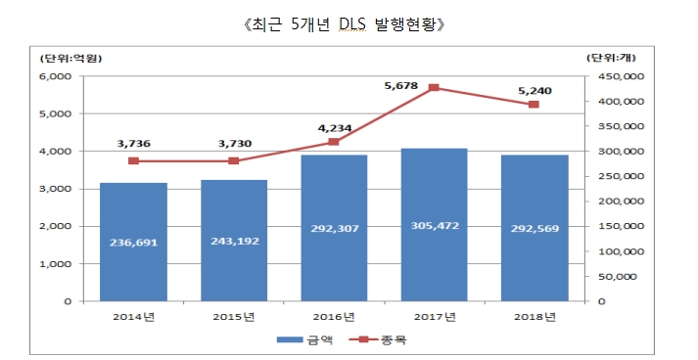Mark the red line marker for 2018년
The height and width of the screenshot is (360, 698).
534,105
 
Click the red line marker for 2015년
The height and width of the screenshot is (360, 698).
234,160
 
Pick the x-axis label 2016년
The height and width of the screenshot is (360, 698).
334,315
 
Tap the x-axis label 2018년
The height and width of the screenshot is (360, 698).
534,315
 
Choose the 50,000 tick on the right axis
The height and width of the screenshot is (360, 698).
619,277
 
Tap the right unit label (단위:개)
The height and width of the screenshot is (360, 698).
614,58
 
